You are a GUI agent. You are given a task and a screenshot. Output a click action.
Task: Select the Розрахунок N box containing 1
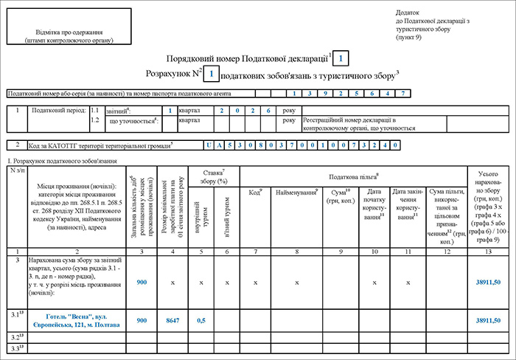point(211,73)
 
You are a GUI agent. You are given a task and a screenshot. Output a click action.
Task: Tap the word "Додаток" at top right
point(407,13)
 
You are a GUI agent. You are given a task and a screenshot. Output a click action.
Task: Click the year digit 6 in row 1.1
point(269,111)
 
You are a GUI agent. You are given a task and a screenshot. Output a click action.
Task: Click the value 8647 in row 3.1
point(173,321)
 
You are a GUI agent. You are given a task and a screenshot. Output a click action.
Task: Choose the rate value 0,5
point(201,321)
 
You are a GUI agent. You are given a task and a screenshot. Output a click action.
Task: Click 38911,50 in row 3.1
point(489,321)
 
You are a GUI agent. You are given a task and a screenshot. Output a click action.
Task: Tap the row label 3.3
point(15,347)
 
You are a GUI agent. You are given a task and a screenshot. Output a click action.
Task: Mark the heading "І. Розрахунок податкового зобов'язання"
point(56,160)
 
